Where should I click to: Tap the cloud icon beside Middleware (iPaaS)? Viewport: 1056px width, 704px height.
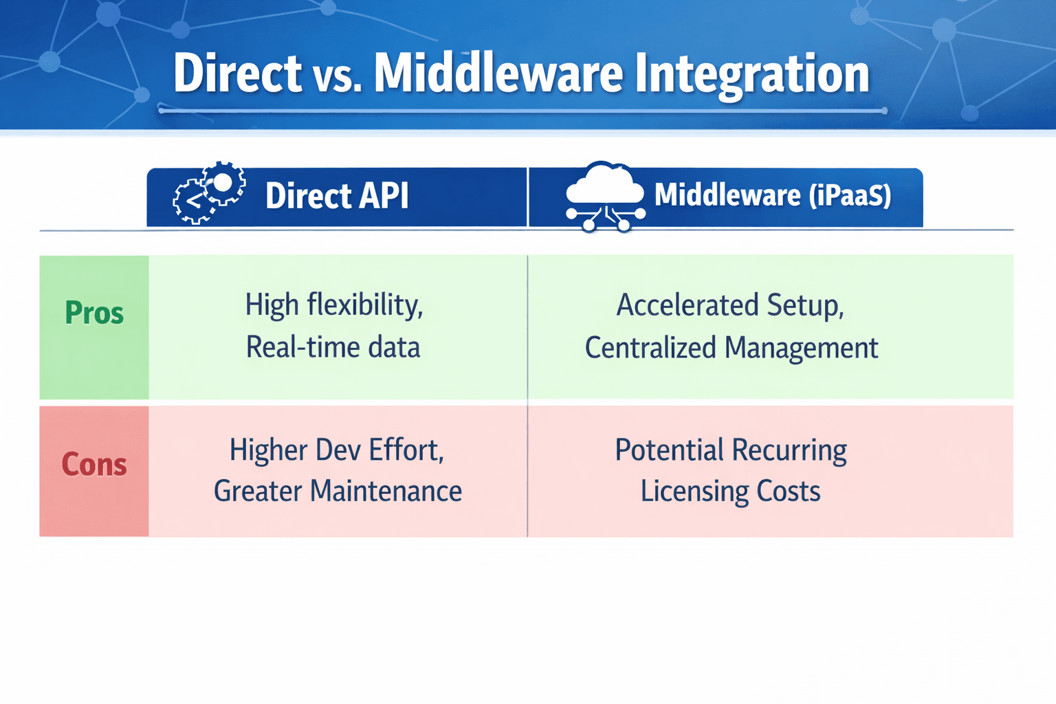(604, 195)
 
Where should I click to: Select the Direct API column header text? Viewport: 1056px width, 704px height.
(337, 196)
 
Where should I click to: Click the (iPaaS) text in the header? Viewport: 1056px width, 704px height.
(850, 195)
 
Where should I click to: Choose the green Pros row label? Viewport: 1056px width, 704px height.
(94, 313)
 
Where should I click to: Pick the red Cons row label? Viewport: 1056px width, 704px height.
(94, 465)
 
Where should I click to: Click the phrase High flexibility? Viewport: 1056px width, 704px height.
(334, 305)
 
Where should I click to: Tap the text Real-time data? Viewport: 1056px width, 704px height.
(333, 347)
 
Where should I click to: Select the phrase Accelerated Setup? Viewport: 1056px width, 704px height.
(730, 305)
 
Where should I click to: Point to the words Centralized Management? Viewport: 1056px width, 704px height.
(731, 348)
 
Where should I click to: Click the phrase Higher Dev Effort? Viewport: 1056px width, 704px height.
(337, 450)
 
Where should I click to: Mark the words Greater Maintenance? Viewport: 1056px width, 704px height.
(338, 492)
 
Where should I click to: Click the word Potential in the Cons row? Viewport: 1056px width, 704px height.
(669, 451)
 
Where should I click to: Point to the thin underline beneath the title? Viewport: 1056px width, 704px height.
(522, 110)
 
